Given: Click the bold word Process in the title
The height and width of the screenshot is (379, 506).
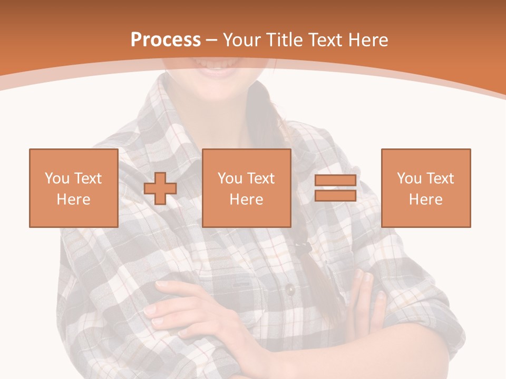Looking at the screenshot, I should click(x=166, y=40).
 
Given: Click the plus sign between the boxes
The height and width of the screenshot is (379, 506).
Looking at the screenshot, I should click(x=160, y=188).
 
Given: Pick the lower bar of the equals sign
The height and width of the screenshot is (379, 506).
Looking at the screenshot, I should click(x=336, y=196).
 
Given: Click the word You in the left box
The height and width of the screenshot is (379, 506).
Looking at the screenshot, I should click(x=57, y=178).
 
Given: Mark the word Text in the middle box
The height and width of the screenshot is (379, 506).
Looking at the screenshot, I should click(x=261, y=178).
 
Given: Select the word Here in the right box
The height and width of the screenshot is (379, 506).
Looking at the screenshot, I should click(x=426, y=200).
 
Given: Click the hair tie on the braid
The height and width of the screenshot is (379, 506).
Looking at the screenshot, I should click(x=301, y=243).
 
